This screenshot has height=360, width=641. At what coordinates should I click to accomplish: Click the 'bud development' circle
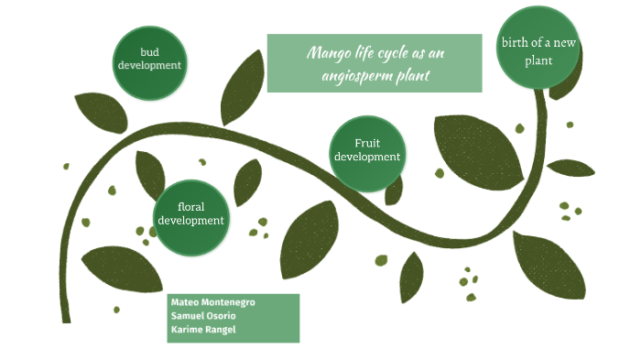point(149,60)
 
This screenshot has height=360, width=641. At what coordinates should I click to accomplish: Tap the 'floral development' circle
point(190,213)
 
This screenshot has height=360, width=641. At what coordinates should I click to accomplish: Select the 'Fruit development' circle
point(366,150)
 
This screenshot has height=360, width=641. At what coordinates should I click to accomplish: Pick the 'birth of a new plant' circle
point(538,50)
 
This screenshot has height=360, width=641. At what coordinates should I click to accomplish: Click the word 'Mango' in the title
point(328,53)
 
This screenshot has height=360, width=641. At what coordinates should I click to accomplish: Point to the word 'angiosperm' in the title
point(355,75)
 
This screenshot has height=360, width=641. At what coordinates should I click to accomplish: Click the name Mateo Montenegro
point(212,302)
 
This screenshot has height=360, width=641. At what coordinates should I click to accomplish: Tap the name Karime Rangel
point(203,330)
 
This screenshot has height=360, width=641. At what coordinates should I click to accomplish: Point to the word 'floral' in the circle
point(190,206)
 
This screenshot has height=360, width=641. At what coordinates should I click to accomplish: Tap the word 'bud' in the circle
point(149,52)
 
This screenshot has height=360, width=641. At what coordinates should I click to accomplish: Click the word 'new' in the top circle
point(560,43)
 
